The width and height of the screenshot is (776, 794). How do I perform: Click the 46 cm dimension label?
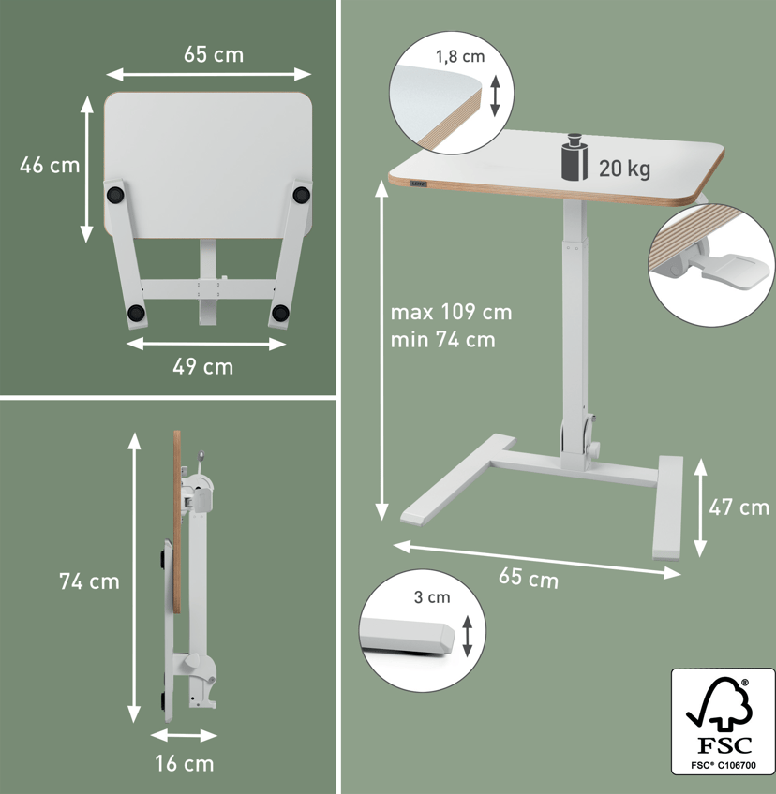[50, 166]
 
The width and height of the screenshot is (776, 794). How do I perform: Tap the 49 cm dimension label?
[202, 367]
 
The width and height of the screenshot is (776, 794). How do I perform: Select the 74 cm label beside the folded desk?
[89, 581]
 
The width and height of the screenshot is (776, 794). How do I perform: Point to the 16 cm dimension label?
[184, 764]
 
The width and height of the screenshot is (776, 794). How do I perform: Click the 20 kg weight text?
[624, 169]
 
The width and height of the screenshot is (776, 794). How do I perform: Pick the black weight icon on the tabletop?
[575, 156]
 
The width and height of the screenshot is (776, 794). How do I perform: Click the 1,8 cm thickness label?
[460, 56]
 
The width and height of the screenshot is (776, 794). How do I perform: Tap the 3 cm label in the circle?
[432, 597]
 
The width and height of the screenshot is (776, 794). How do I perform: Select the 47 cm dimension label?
[739, 507]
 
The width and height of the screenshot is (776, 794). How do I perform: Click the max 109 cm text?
[451, 313]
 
